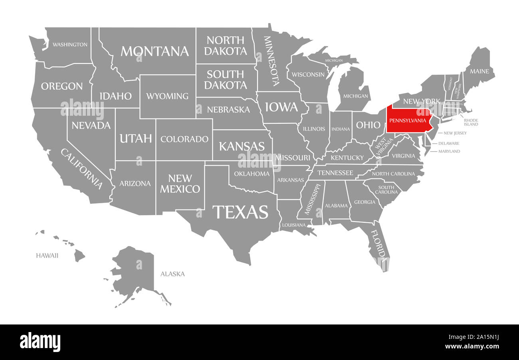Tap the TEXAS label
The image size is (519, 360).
pyautogui.click(x=240, y=212)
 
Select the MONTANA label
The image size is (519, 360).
pyautogui.click(x=155, y=51)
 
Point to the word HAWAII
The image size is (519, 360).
pyautogui.click(x=47, y=255)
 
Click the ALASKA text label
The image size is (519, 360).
pyautogui.click(x=172, y=274)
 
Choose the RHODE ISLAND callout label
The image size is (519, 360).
pyautogui.click(x=471, y=122)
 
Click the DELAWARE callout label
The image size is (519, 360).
pyautogui.click(x=449, y=143)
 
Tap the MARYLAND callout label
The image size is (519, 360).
pyautogui.click(x=449, y=151)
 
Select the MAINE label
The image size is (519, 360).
pyautogui.click(x=479, y=71)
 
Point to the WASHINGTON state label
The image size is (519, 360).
pyautogui.click(x=70, y=44)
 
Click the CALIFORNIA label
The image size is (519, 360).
pyautogui.click(x=81, y=168)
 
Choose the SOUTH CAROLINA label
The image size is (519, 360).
pyautogui.click(x=386, y=190)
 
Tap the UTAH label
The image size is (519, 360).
pyautogui.click(x=136, y=138)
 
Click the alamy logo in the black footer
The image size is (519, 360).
pyautogui.click(x=40, y=342)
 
